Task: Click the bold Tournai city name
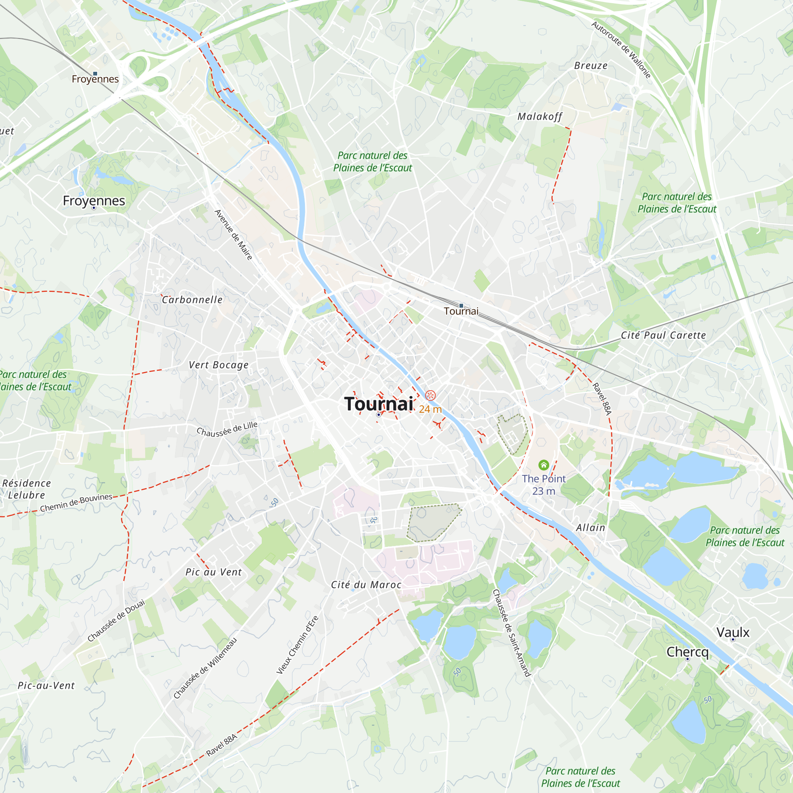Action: click(x=378, y=404)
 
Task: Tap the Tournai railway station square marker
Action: click(x=461, y=306)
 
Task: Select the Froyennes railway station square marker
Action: click(x=95, y=74)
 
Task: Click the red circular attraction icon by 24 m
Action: click(x=430, y=395)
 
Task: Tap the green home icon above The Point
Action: click(x=544, y=465)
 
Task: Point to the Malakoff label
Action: click(x=539, y=117)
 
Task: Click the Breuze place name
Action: click(x=591, y=66)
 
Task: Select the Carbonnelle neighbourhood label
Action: click(x=192, y=300)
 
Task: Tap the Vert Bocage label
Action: click(x=218, y=365)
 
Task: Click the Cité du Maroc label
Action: click(x=366, y=584)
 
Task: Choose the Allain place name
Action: click(x=591, y=528)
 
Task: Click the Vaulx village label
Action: click(x=733, y=632)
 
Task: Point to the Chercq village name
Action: click(x=688, y=652)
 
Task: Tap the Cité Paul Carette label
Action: click(x=663, y=335)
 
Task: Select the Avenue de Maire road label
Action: click(x=234, y=235)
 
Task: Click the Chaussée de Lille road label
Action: click(x=227, y=429)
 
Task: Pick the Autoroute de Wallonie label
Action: click(x=621, y=50)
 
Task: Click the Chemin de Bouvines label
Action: click(x=76, y=502)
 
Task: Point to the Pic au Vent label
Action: click(x=213, y=572)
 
